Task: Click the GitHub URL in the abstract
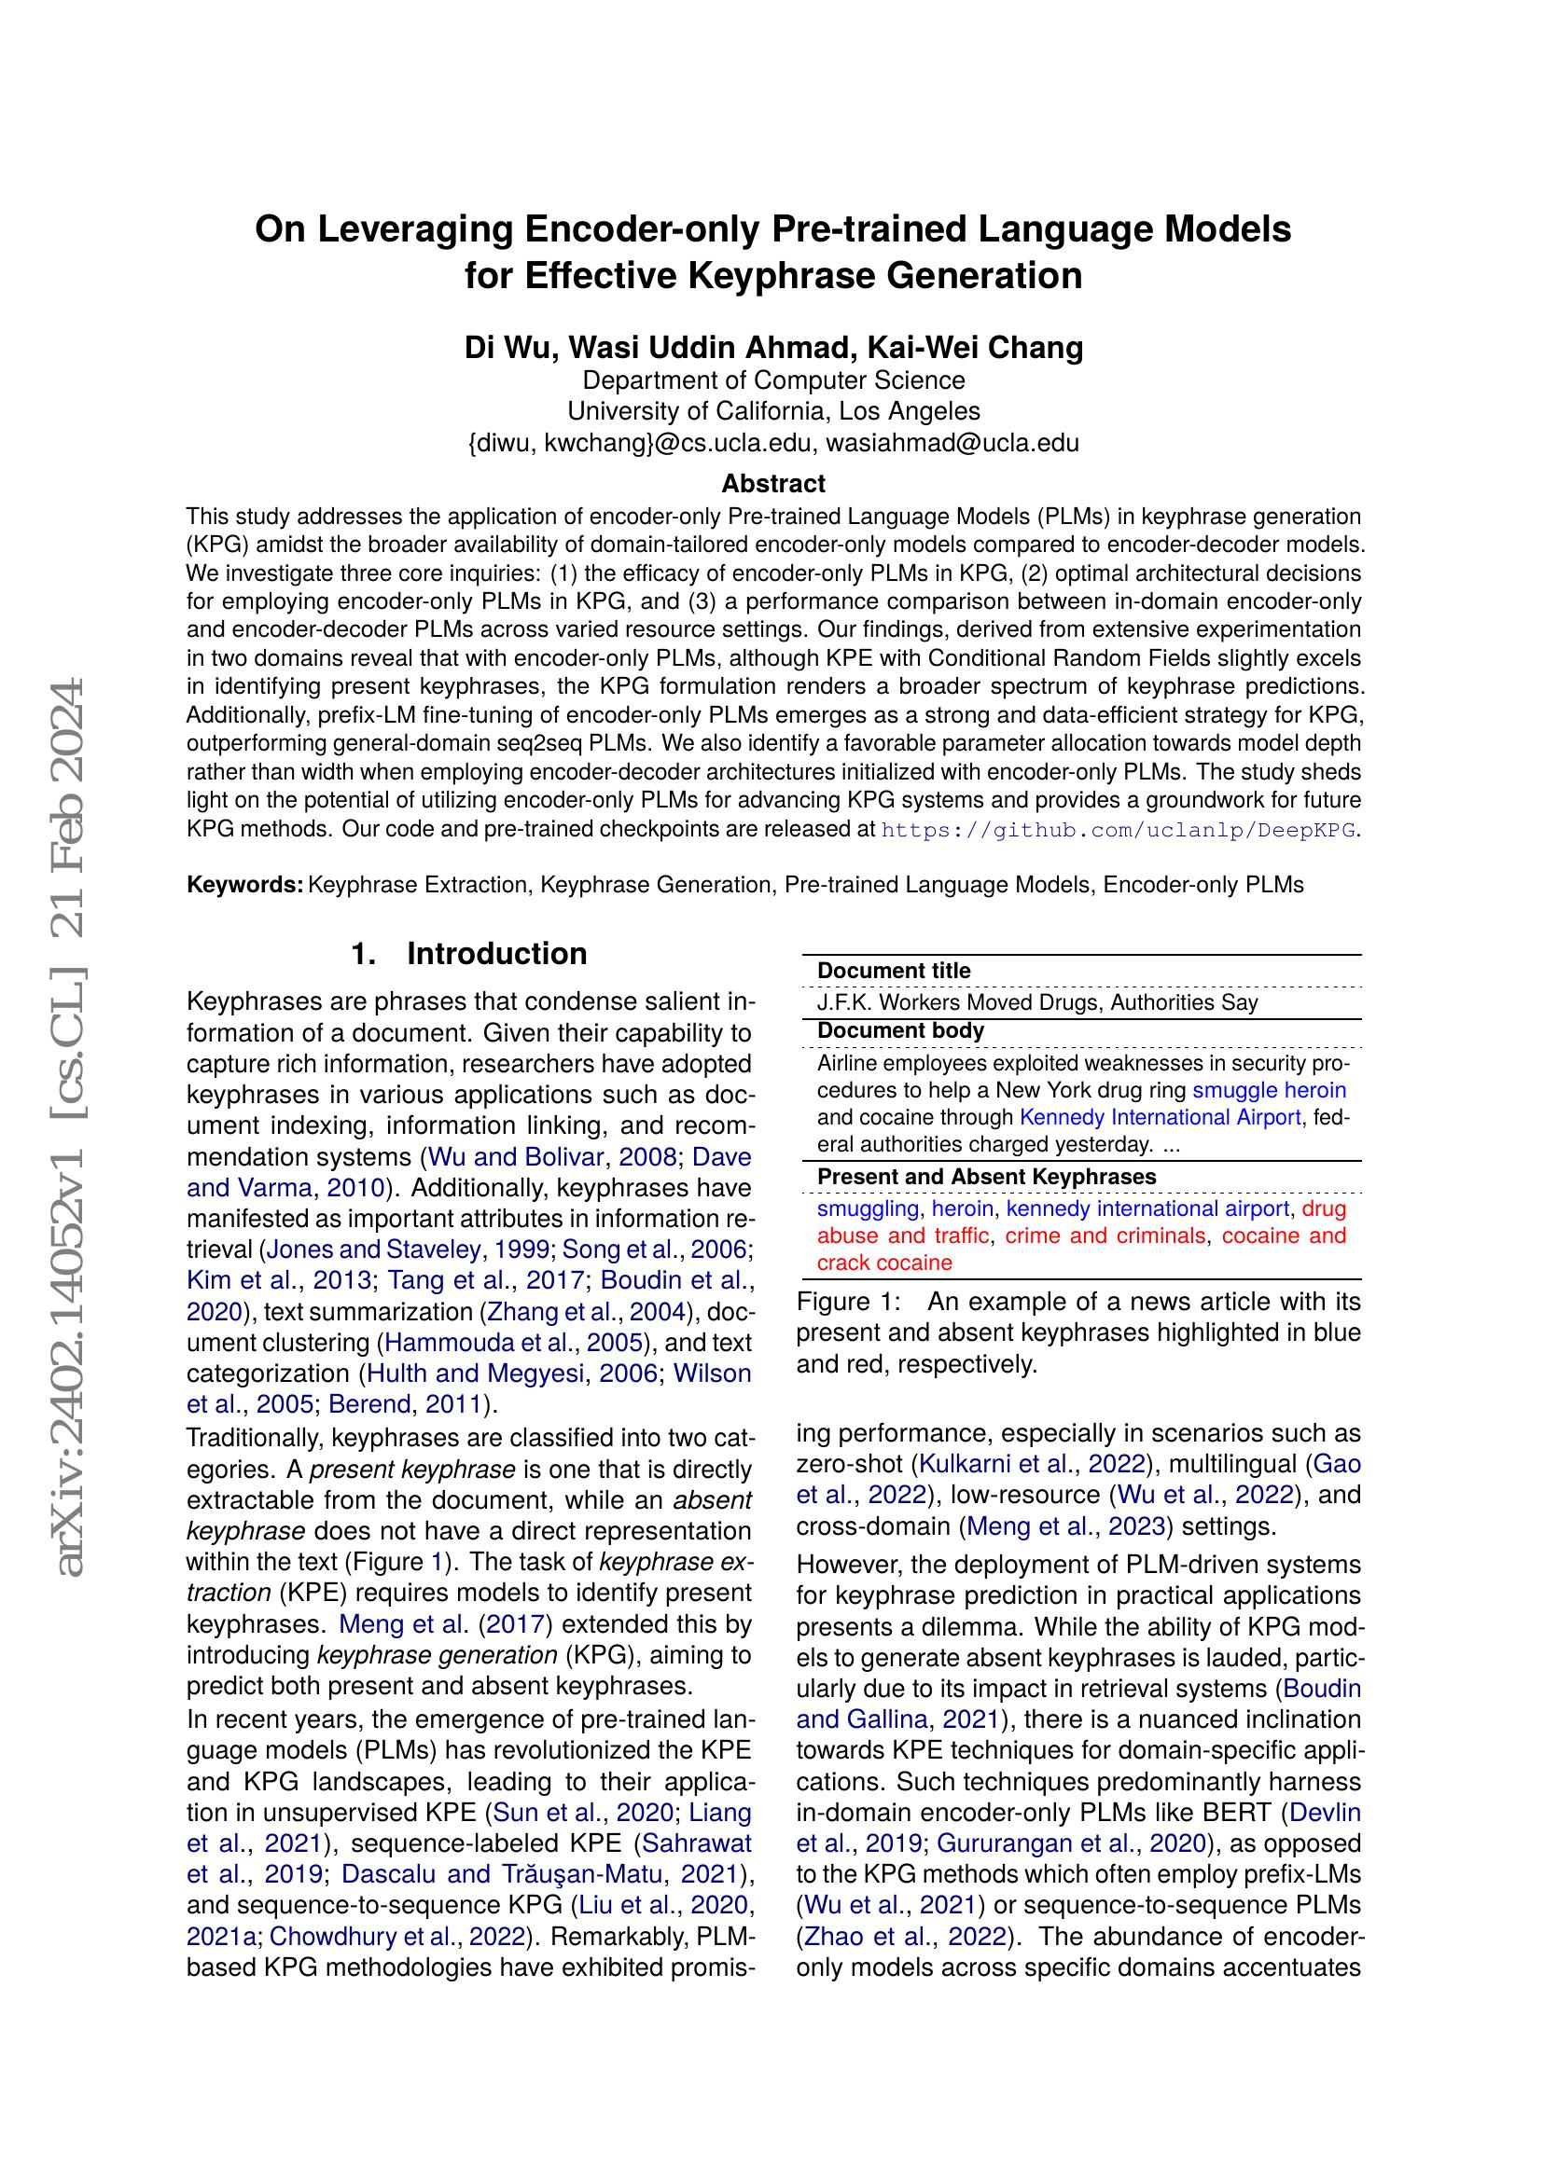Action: pos(1119,829)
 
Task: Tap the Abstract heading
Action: pos(772,484)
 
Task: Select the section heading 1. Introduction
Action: pos(469,954)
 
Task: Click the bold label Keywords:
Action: pos(245,884)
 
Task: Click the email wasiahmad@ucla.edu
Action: pos(952,443)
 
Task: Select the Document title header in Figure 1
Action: pos(893,971)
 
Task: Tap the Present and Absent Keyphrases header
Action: pos(986,1177)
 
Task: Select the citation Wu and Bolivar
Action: pos(516,1157)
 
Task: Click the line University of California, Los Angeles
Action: pos(772,411)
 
